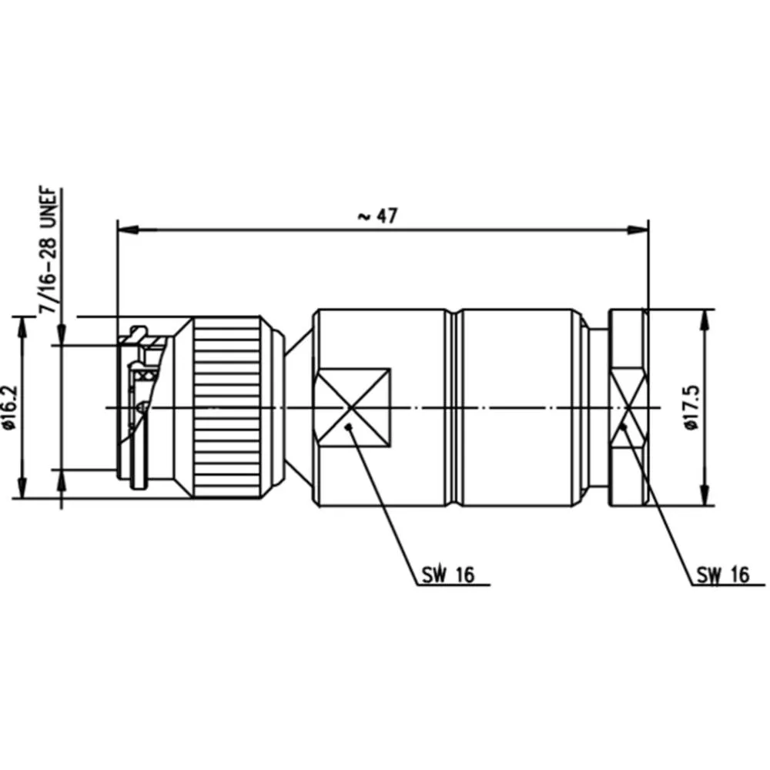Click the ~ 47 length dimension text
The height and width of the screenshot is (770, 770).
377,216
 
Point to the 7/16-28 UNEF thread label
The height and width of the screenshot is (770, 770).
48,250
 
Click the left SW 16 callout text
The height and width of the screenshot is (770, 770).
448,574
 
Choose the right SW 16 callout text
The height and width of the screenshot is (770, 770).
723,574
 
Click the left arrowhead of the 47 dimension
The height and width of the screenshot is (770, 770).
128,229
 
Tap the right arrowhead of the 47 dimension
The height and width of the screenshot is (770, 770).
638,229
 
